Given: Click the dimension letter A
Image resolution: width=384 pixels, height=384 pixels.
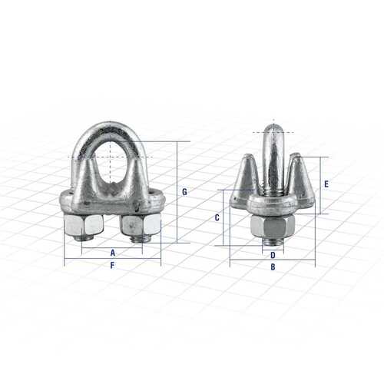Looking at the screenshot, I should point(113,252).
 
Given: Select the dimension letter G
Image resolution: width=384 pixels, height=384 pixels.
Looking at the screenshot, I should point(184,191).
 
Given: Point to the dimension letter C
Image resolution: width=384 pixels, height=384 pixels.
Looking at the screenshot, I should point(217,218).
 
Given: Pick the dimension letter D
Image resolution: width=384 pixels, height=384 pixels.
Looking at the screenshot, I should point(273,255).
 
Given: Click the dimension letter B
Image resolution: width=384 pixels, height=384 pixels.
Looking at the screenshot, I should point(273,267).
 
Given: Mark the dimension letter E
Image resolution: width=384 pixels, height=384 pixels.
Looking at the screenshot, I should point(326,184).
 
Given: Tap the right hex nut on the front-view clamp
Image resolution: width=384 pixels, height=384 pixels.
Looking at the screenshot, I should point(141,225).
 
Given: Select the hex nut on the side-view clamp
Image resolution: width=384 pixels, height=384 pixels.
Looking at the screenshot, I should point(273,227).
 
